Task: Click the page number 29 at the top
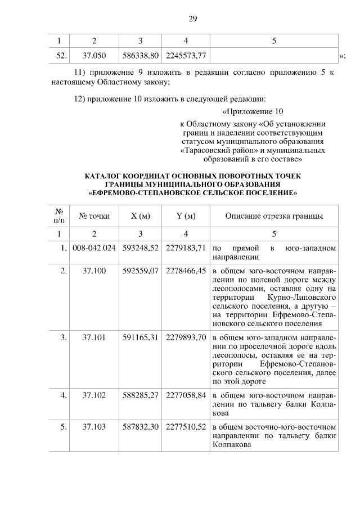point(192,19)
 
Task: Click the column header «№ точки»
point(94,216)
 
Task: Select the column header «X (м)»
point(140,216)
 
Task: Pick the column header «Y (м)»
point(186,216)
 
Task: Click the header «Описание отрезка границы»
point(274,216)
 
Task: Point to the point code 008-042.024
point(94,247)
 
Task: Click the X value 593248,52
point(140,247)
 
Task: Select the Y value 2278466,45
point(186,271)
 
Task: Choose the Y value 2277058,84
point(186,395)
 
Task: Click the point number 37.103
point(94,427)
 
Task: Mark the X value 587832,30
point(140,427)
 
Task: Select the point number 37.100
point(94,271)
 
